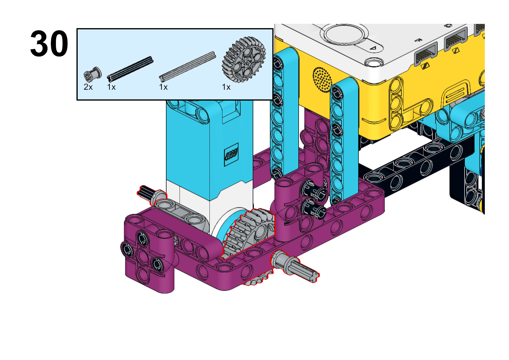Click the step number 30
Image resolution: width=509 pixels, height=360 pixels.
point(49,43)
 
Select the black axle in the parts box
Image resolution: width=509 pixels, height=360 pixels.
point(130,69)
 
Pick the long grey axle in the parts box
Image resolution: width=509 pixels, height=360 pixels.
point(187,66)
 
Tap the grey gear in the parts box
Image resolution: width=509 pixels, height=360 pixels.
point(244,59)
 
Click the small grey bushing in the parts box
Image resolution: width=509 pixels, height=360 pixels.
point(93,74)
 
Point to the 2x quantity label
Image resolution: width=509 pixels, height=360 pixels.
point(88,87)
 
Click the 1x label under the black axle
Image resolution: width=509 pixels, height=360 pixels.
point(111,87)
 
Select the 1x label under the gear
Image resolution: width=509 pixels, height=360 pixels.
point(226,87)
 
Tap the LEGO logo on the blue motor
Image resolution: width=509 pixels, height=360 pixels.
point(231,154)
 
